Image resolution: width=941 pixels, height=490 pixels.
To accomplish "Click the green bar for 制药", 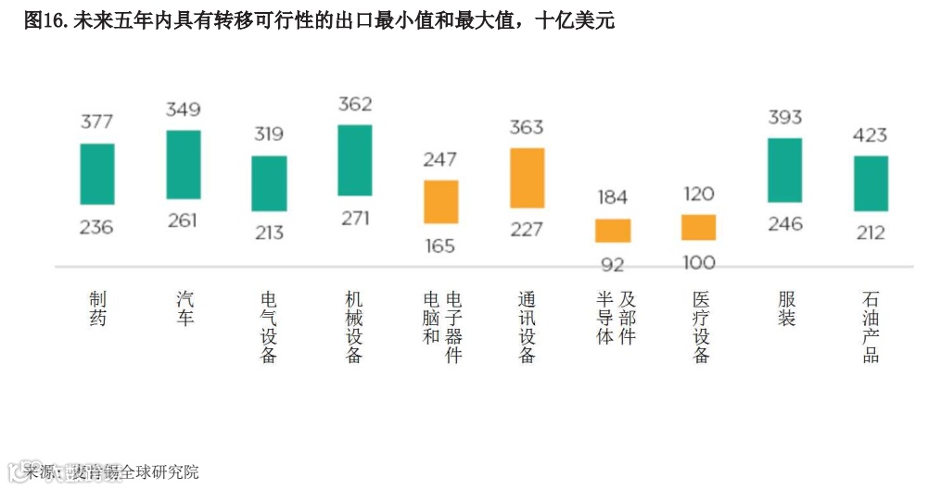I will point(97,174).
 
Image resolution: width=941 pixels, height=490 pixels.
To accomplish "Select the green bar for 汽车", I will point(184,165).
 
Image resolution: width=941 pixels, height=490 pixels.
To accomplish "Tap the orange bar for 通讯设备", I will point(527,178).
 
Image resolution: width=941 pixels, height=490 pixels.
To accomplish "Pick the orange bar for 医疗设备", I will point(698,228).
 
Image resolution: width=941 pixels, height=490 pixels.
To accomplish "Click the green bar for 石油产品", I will point(871,183).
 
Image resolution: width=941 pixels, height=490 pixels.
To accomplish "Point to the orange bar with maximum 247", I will point(440,202).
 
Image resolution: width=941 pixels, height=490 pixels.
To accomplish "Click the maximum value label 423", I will point(870,135).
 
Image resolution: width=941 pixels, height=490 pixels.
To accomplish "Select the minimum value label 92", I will point(613,265).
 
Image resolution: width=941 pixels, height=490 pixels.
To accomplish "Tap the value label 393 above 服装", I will point(784,118).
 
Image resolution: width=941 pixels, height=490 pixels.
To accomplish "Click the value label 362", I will point(355,104).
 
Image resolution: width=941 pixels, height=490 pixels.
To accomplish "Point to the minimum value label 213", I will point(269,232).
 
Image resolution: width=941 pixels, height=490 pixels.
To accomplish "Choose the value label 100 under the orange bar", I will point(698,263).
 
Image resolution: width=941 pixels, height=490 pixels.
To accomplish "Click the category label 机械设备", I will point(354,327).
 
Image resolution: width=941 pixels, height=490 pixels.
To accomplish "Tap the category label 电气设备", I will point(269,327).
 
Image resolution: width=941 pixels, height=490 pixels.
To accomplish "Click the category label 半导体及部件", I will point(617,318).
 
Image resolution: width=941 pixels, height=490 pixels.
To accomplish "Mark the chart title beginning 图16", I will point(319,20).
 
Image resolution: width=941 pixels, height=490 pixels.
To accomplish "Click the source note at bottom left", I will point(112,471).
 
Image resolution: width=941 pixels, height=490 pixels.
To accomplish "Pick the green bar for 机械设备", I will point(355,160).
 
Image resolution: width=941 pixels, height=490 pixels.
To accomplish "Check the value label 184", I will point(612,197).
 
